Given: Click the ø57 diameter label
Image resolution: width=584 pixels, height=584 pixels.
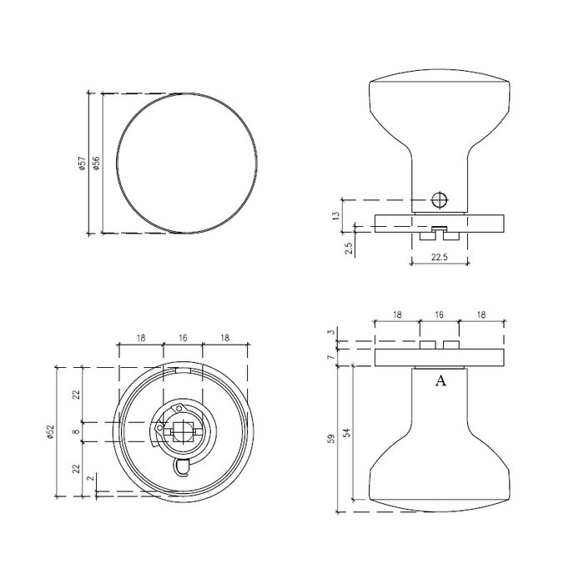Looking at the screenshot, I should tap(82, 164).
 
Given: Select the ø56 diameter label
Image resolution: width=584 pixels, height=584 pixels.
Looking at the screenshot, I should tap(97, 164).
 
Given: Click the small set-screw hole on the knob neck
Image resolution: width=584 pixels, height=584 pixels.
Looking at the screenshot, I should tap(441, 200).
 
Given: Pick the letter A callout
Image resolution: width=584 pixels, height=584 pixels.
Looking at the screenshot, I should tap(441, 381).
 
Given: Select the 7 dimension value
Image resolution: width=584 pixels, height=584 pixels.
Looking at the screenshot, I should tap(331, 356).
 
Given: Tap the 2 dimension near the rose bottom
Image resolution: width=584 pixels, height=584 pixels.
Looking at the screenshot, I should tap(91, 480).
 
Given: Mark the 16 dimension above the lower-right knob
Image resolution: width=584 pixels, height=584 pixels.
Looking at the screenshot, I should tap(440, 315).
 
